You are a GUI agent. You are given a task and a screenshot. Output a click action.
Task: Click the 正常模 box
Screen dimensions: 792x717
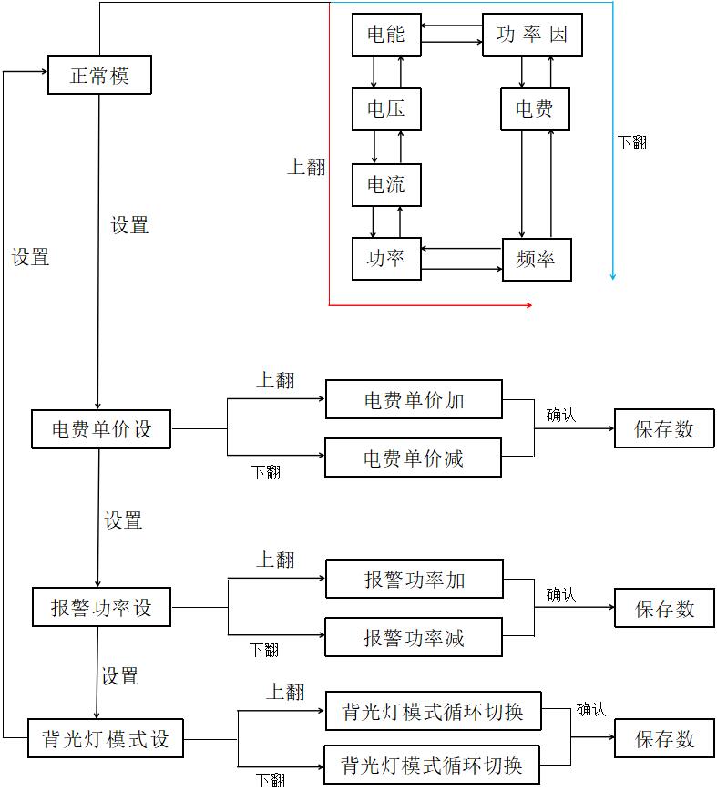pyautogui.click(x=98, y=75)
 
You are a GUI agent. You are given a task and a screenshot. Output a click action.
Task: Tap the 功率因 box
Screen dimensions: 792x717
pyautogui.click(x=531, y=35)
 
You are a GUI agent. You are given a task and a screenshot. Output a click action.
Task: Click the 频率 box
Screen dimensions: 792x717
pyautogui.click(x=536, y=259)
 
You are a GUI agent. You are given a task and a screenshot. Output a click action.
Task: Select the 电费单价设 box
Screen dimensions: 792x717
pyautogui.click(x=101, y=428)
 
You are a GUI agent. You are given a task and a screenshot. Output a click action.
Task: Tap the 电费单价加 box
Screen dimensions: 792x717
pyautogui.click(x=414, y=400)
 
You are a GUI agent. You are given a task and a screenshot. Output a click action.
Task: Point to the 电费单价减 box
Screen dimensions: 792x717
pyautogui.click(x=414, y=458)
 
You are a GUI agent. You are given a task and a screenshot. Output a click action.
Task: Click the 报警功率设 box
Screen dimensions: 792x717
pyautogui.click(x=101, y=608)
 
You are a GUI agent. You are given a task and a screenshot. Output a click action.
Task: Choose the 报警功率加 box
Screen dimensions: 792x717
pyautogui.click(x=414, y=579)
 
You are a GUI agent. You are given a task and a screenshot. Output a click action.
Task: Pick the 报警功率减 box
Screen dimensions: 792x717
pyautogui.click(x=414, y=637)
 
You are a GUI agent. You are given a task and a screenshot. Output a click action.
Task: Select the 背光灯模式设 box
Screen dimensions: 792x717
pyautogui.click(x=106, y=738)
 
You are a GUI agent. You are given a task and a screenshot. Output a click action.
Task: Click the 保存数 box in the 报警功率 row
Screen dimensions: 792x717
pyautogui.click(x=664, y=608)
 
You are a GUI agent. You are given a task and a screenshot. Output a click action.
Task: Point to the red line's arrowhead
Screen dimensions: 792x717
pyautogui.click(x=528, y=305)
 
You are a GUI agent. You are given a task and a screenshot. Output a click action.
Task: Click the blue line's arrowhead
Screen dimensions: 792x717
pyautogui.click(x=613, y=275)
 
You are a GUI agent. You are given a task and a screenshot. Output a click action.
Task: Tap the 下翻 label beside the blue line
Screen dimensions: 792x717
pyautogui.click(x=631, y=142)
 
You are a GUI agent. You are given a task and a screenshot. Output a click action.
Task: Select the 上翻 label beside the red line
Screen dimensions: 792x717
pyautogui.click(x=306, y=168)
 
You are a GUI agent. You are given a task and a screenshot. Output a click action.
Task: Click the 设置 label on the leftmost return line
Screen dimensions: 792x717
pyautogui.click(x=30, y=258)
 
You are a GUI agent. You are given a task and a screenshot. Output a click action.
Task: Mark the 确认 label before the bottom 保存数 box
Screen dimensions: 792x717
pyautogui.click(x=590, y=709)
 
